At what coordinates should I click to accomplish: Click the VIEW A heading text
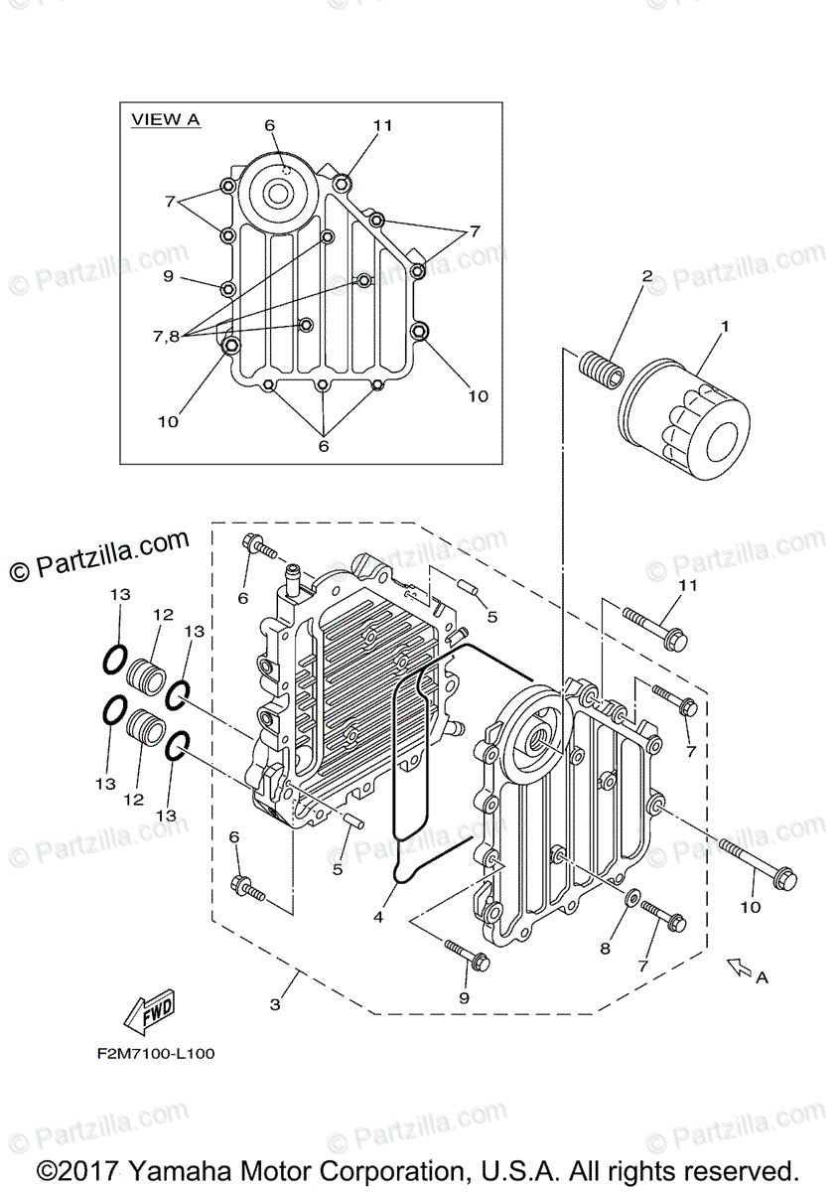[x=166, y=119]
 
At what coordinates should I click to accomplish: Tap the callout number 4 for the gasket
[x=378, y=918]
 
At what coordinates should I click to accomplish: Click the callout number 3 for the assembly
[x=275, y=1004]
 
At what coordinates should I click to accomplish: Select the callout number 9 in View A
[x=168, y=276]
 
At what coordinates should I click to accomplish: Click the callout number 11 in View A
[x=383, y=125]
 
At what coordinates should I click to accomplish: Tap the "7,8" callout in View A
[x=166, y=336]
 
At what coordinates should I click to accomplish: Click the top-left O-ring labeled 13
[x=115, y=657]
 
